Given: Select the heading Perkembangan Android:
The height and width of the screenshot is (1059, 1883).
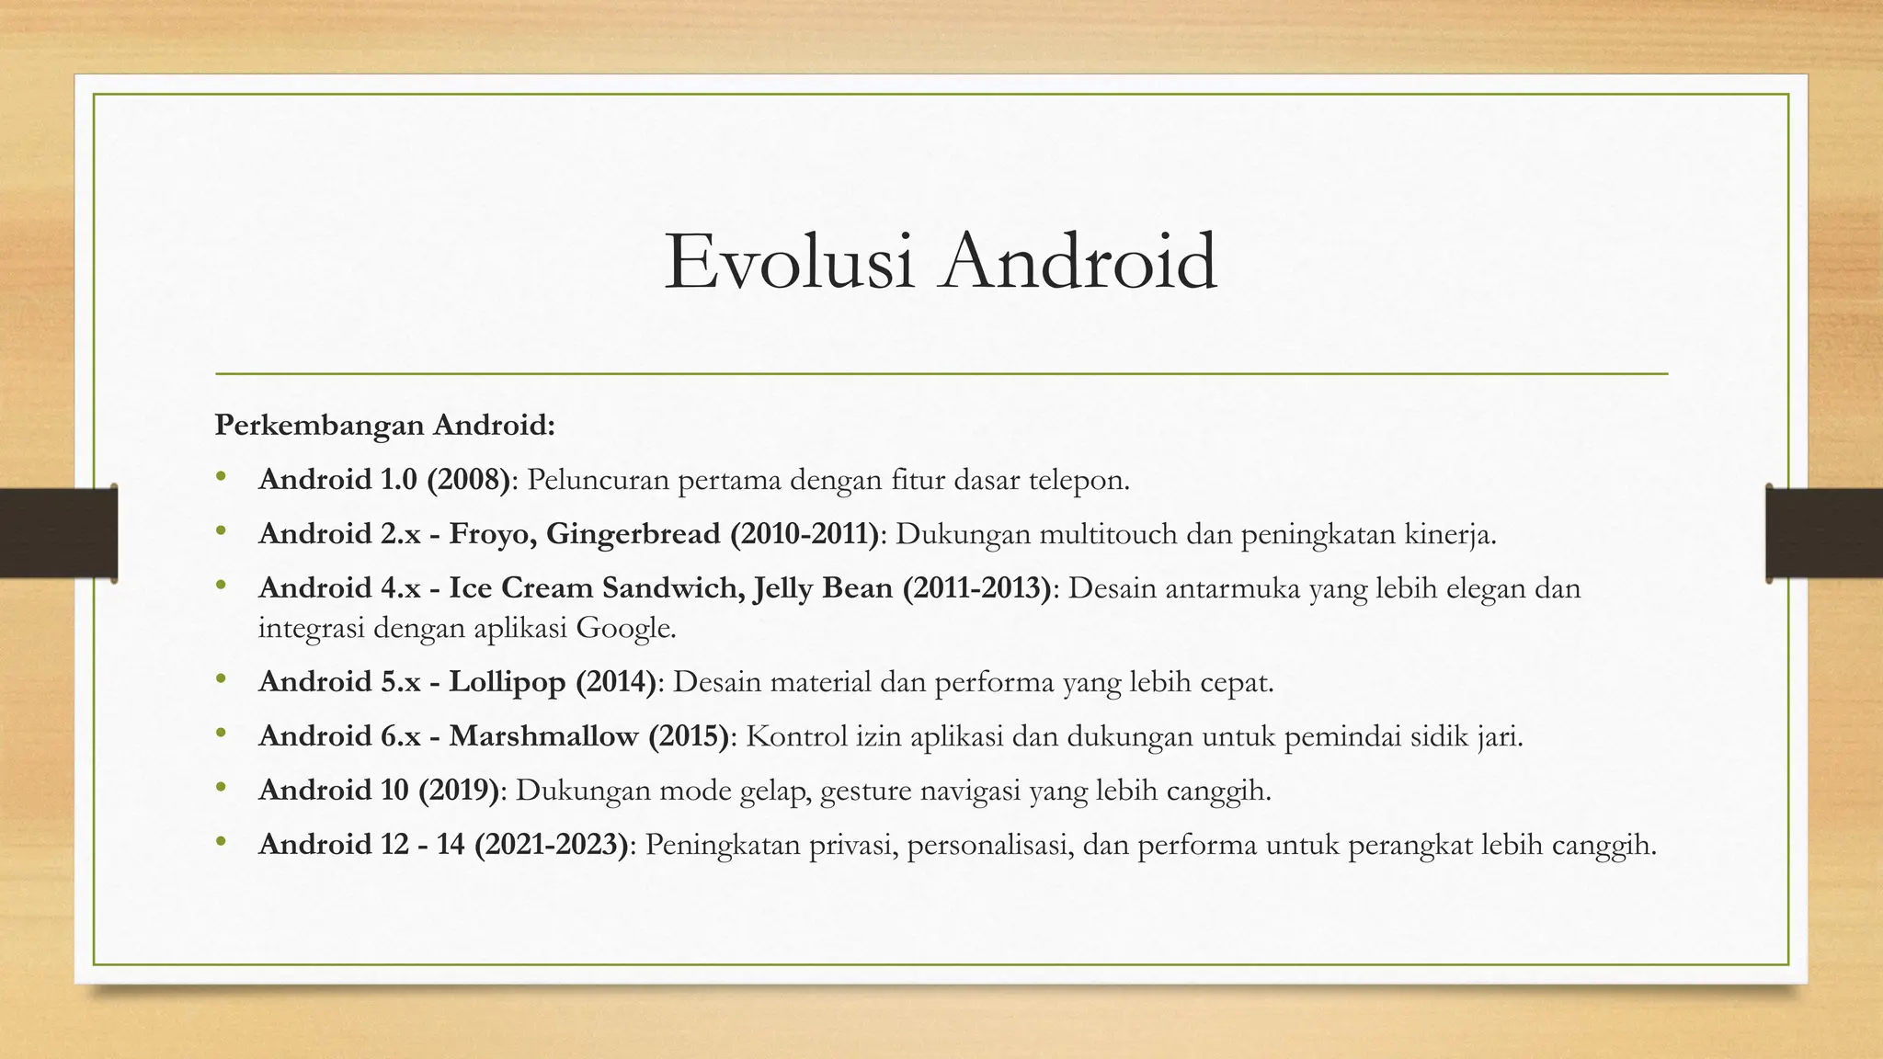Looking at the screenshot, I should [385, 426].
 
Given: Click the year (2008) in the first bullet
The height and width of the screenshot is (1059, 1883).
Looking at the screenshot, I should [468, 480].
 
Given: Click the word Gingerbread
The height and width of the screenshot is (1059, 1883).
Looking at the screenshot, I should [633, 534].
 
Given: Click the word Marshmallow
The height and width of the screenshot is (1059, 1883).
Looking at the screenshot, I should [543, 736].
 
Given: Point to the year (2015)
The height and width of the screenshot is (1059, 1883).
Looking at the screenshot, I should [688, 736].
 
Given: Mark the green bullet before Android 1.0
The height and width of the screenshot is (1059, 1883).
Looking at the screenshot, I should [221, 477].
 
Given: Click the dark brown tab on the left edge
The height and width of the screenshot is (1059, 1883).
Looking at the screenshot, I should [58, 533].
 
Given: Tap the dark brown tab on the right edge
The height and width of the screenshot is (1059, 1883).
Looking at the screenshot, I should [1824, 533].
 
